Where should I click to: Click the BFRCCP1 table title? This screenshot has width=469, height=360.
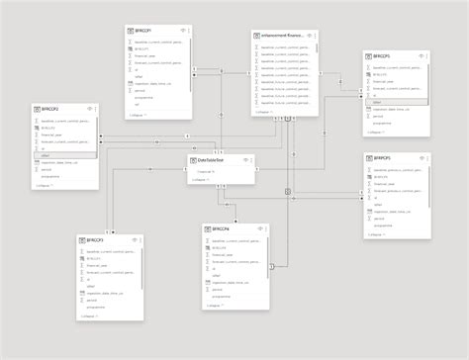click(x=144, y=32)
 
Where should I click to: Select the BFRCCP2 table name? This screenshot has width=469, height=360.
click(x=47, y=108)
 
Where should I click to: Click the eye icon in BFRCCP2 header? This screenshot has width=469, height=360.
click(x=89, y=108)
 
